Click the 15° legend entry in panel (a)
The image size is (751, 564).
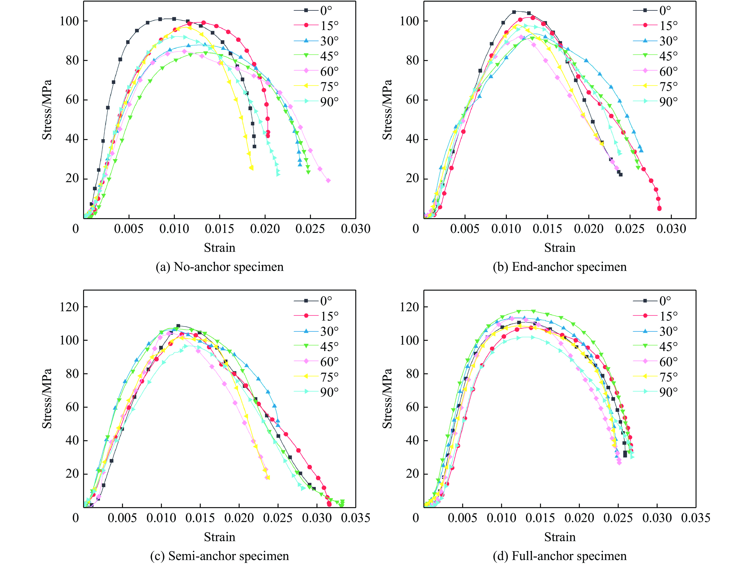point(316,25)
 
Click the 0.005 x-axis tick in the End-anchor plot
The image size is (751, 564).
point(465,229)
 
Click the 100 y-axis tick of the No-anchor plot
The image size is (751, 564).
point(69,21)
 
